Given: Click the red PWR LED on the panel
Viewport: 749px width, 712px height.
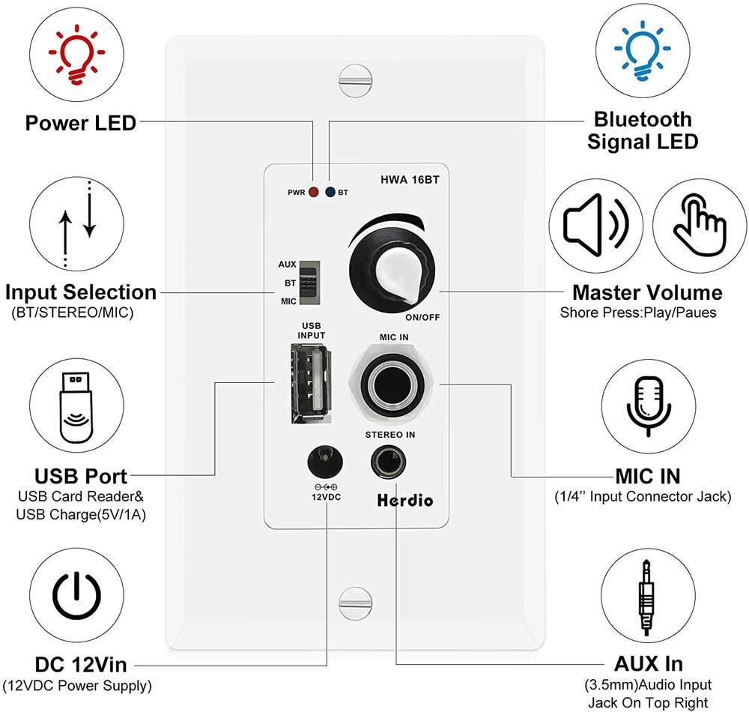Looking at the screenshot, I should pyautogui.click(x=312, y=193).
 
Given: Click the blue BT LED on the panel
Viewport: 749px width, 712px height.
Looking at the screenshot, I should pyautogui.click(x=330, y=193).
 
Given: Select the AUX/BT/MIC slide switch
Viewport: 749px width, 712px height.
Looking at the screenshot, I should pyautogui.click(x=309, y=283).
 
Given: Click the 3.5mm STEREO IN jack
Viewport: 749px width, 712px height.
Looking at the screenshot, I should pyautogui.click(x=389, y=463).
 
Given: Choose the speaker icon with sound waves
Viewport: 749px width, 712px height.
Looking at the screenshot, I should pyautogui.click(x=596, y=224).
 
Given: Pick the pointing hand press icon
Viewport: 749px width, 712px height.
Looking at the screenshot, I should pyautogui.click(x=698, y=224).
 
